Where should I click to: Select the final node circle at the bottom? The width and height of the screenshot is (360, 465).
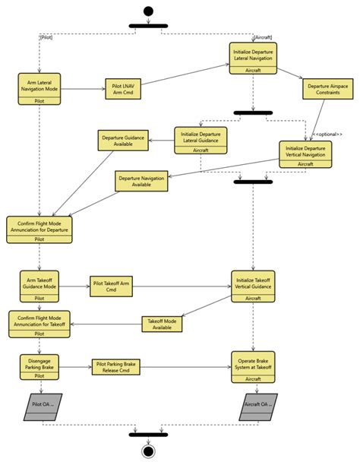[148, 451]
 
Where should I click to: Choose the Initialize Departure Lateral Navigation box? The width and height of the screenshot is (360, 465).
[254, 58]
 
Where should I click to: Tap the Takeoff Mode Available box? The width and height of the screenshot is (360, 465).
[163, 324]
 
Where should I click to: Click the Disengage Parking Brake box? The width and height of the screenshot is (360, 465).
[39, 366]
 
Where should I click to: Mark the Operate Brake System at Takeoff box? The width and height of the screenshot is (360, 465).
[254, 366]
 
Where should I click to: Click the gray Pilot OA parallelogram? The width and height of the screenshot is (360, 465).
[41, 406]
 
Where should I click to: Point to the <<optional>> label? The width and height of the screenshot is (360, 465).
[328, 134]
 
